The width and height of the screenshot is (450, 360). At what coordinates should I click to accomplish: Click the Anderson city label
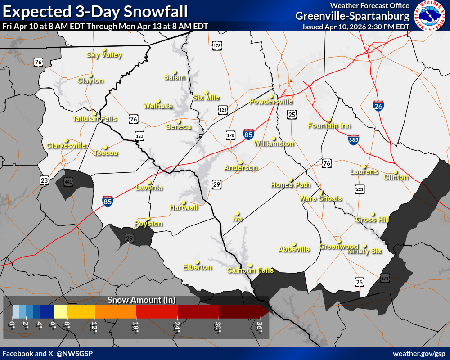click(241, 168)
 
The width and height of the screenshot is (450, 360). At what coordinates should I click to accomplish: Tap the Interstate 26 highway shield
click(378, 106)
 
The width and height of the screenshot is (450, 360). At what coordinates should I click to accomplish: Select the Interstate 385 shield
click(353, 140)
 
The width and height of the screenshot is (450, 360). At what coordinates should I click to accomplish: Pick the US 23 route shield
click(44, 180)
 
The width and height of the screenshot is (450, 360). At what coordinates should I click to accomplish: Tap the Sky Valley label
click(104, 55)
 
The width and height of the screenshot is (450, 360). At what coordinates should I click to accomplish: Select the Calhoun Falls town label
click(250, 270)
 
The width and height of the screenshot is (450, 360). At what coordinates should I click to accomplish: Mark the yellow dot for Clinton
click(396, 172)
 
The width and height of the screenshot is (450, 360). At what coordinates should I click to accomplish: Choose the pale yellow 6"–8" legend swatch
click(60, 311)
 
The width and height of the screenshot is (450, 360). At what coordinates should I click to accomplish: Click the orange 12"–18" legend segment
click(116, 311)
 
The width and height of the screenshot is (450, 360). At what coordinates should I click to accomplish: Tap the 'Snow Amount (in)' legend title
click(141, 300)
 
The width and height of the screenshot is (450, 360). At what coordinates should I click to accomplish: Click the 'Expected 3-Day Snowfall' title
click(95, 11)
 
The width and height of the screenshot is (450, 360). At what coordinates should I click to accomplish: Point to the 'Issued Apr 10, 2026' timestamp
click(356, 27)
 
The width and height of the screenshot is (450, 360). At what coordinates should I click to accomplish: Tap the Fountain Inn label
click(329, 126)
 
